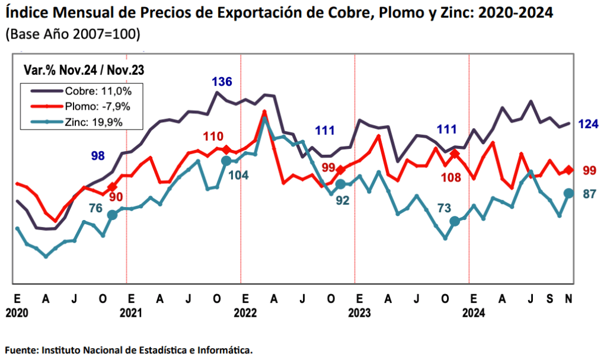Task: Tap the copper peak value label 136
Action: pos(222,82)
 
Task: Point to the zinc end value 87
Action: pos(589,194)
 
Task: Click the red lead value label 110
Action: pos(213,137)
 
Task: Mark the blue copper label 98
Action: pos(98,156)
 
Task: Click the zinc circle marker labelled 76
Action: pos(112,215)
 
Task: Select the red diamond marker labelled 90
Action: pos(113,187)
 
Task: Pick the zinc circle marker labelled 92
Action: pos(341,184)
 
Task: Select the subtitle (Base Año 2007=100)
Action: pos(72,34)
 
